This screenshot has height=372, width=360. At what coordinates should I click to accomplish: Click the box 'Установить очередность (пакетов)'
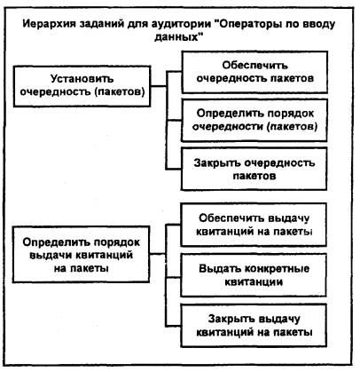(82, 86)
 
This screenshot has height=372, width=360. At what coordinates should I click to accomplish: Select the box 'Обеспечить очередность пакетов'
(254, 72)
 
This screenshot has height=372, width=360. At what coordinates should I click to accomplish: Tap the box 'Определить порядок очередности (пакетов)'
(254, 120)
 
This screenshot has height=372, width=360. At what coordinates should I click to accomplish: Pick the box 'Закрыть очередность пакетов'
(254, 169)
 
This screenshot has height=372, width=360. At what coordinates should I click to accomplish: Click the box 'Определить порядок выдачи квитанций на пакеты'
(81, 255)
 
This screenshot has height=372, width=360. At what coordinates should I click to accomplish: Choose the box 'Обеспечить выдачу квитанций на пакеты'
(254, 225)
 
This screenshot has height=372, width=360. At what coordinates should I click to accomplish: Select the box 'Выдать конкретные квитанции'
(254, 275)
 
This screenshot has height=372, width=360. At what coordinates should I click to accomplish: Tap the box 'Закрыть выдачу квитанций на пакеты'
(254, 325)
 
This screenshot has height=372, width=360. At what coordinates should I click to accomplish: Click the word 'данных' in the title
(177, 37)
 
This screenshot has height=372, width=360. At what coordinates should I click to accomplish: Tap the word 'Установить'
(82, 79)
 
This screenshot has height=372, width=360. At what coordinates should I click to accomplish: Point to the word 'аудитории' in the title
(180, 24)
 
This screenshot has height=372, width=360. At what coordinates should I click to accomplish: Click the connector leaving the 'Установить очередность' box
(159, 86)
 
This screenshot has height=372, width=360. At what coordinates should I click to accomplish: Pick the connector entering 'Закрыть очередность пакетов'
(174, 169)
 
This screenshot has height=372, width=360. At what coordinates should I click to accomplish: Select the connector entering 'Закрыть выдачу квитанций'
(174, 325)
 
